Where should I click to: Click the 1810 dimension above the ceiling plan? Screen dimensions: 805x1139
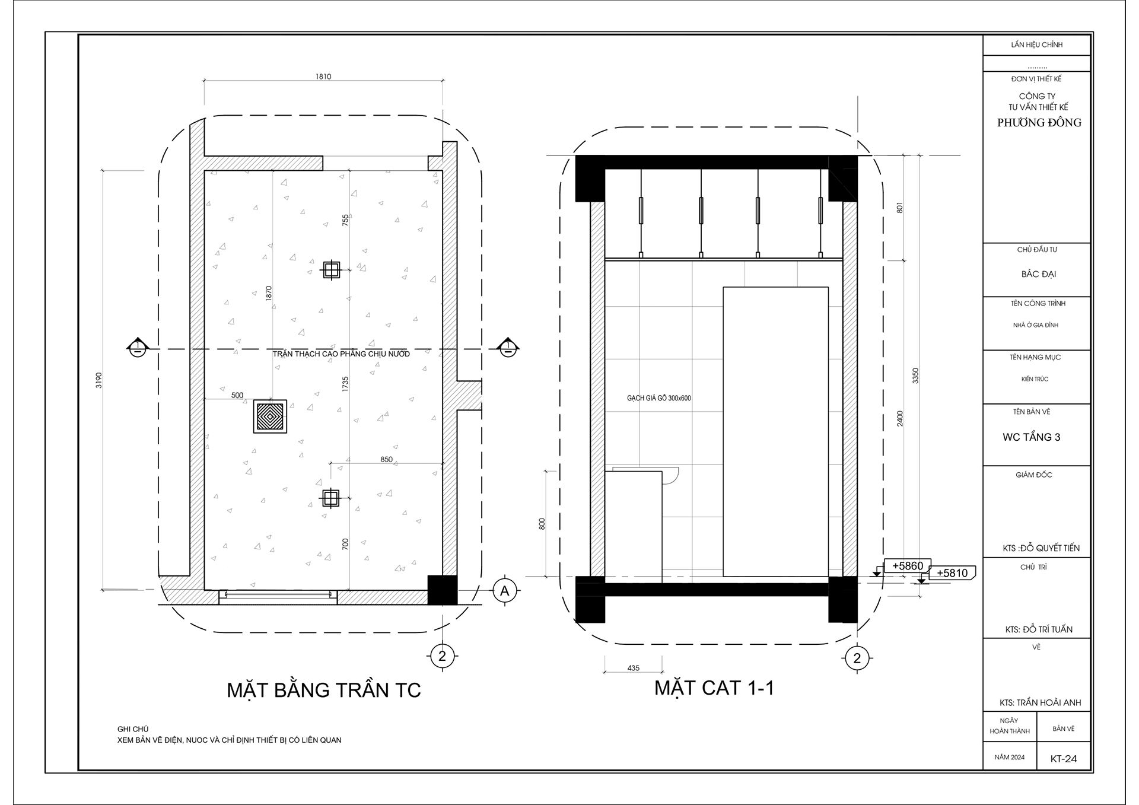point(323,77)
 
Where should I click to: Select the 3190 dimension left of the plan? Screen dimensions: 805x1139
point(99,380)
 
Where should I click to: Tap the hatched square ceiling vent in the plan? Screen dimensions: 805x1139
point(270,416)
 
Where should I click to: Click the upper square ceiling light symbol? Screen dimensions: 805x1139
point(331,271)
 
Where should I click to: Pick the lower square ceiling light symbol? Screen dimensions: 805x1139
point(330,498)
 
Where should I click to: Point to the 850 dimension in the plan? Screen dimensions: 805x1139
point(386,459)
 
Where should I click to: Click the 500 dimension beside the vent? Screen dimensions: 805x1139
point(237,395)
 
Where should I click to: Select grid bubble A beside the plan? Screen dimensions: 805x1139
point(505,591)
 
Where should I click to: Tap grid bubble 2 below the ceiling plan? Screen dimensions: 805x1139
point(441,656)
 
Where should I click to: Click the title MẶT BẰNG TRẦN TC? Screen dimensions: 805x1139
point(324,691)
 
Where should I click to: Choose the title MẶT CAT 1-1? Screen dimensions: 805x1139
point(714,688)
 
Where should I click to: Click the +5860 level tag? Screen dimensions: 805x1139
point(907,566)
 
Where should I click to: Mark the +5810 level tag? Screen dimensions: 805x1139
point(952,573)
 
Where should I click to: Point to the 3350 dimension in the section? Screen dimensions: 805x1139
point(915,376)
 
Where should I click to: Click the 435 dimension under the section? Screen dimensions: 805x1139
point(633,668)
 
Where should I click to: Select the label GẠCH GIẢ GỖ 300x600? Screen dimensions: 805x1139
point(658,398)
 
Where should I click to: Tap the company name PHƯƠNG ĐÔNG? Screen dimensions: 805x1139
point(1039,123)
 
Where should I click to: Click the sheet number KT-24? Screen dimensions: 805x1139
point(1063,759)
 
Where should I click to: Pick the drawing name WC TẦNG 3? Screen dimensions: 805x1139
point(1031,437)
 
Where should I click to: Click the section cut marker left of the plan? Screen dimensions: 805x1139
point(137,348)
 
